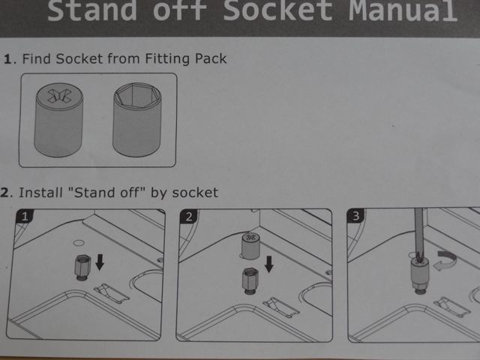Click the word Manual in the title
click(403, 11)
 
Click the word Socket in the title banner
click(277, 11)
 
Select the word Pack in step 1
click(211, 58)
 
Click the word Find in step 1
click(36, 58)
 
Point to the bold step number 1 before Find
click(7, 58)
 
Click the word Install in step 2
click(40, 193)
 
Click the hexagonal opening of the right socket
click(137, 96)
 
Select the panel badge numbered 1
click(25, 217)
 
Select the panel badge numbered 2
click(188, 217)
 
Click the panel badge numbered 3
click(355, 216)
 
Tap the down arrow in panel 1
click(100, 262)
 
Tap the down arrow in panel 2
click(268, 264)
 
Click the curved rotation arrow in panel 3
click(445, 261)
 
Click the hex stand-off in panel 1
click(82, 267)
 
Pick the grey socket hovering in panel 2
click(250, 246)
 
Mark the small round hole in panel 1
click(79, 243)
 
